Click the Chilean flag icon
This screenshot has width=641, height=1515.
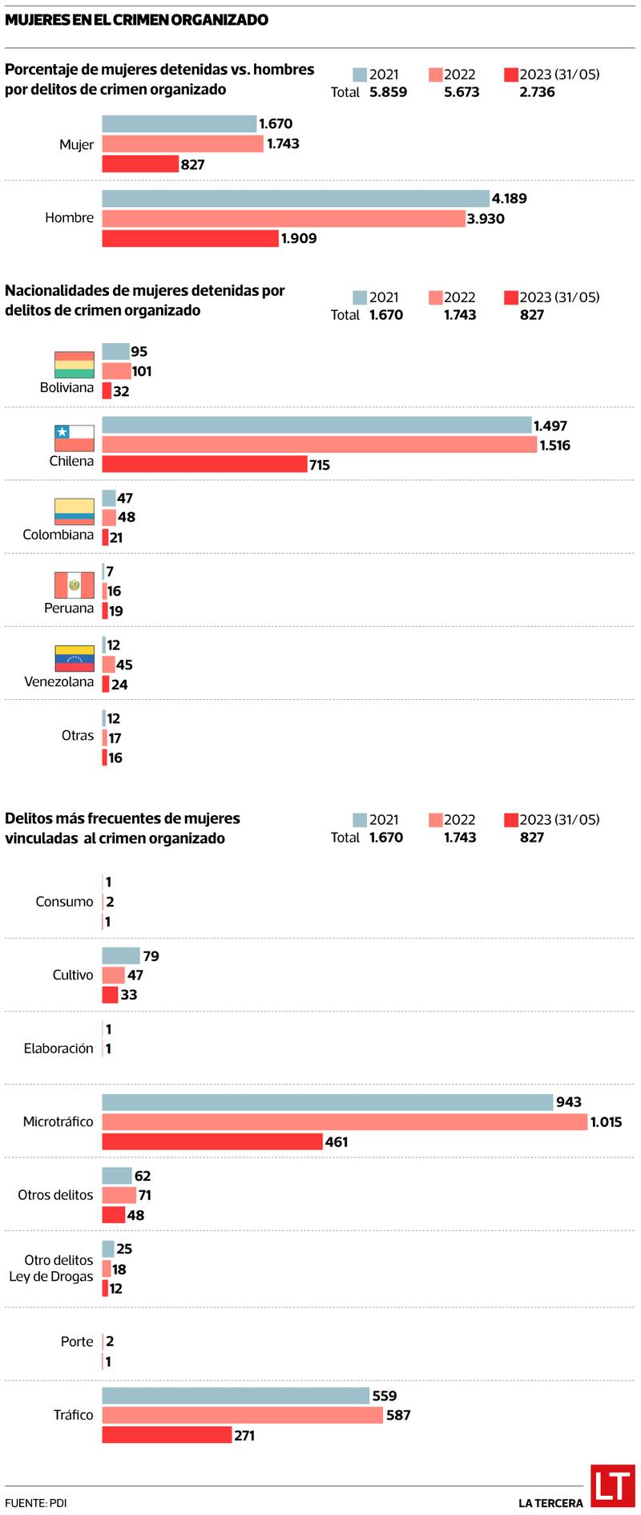pyautogui.click(x=74, y=438)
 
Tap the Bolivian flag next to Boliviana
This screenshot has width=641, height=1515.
pyautogui.click(x=74, y=364)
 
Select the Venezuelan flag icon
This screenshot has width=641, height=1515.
pyautogui.click(x=74, y=658)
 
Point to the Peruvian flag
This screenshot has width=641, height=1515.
pyautogui.click(x=74, y=585)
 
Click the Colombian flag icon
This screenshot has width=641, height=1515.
pyautogui.click(x=74, y=511)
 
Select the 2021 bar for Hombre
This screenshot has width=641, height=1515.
pyautogui.click(x=295, y=199)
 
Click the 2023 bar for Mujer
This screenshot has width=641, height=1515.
pyautogui.click(x=140, y=164)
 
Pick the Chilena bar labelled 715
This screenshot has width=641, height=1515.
pyautogui.click(x=204, y=464)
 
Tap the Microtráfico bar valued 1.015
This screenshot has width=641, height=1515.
pyautogui.click(x=345, y=1121)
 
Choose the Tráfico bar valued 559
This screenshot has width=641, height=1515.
pyautogui.click(x=236, y=1396)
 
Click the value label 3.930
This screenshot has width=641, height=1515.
pyautogui.click(x=486, y=219)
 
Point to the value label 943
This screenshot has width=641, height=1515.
pyautogui.click(x=568, y=1102)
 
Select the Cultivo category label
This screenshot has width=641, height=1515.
pyautogui.click(x=73, y=975)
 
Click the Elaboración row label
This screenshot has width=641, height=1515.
pyautogui.click(x=58, y=1048)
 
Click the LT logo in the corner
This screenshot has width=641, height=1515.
pyautogui.click(x=612, y=1485)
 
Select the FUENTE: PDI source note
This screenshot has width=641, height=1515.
pyautogui.click(x=35, y=1503)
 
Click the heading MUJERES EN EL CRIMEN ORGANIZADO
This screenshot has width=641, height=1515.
pyautogui.click(x=136, y=20)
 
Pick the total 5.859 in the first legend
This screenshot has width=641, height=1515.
pyautogui.click(x=388, y=92)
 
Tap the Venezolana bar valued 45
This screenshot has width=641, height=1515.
pyautogui.click(x=109, y=665)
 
